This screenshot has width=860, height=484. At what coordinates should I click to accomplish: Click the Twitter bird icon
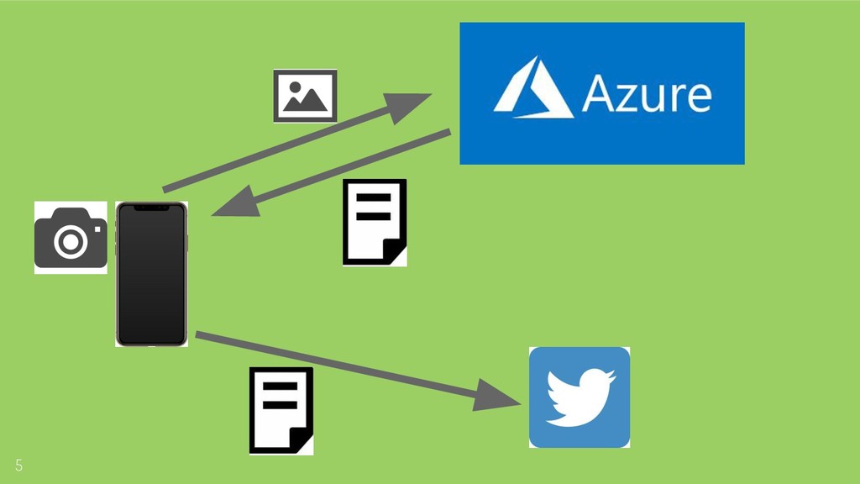tap(579, 397)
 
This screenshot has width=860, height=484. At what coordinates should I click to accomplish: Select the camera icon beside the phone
tap(71, 238)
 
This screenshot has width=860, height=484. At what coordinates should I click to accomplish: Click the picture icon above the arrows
tap(305, 96)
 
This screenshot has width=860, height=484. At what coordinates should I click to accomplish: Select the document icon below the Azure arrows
tap(375, 222)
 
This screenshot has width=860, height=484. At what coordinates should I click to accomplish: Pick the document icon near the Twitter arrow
tap(281, 410)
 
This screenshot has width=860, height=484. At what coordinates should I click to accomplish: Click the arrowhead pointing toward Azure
tap(411, 101)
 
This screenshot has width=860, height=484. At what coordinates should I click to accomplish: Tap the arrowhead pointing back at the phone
tap(230, 204)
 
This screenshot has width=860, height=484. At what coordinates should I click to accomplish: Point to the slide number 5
tap(18, 466)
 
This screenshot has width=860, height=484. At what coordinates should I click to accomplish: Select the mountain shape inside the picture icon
tap(304, 102)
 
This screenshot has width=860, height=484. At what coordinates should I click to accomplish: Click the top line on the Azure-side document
tap(375, 199)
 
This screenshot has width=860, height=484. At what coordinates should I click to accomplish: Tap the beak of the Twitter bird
tap(612, 378)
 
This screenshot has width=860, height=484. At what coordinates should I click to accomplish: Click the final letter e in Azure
tap(695, 97)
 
